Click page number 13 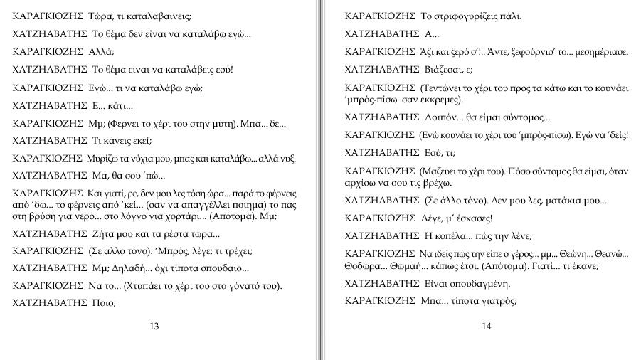154,327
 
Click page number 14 487,327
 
